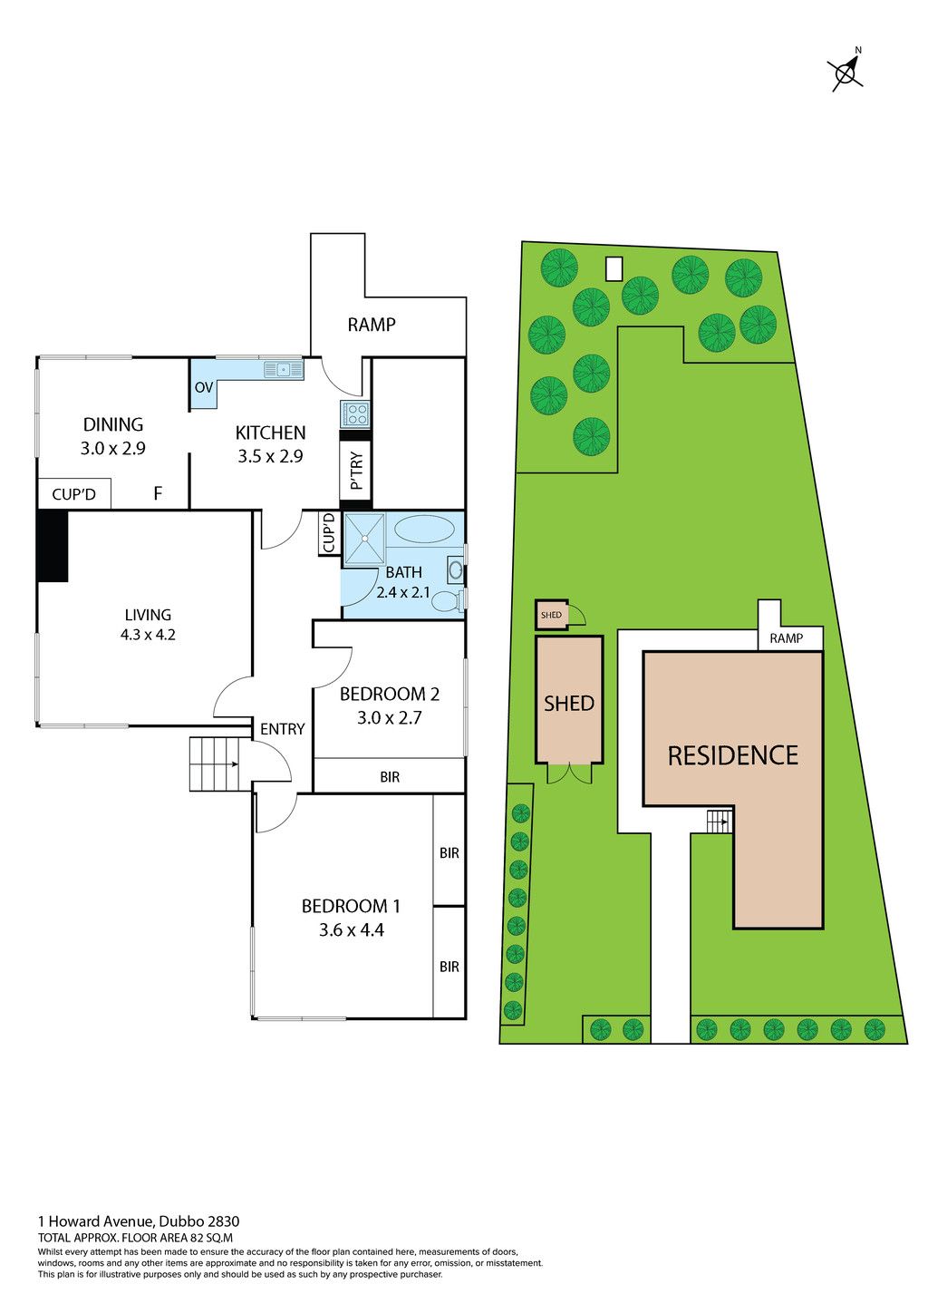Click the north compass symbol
click(846, 73)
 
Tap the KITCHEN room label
click(271, 433)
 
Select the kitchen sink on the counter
click(284, 370)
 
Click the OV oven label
click(203, 387)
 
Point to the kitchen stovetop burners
click(354, 414)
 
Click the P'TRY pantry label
click(356, 471)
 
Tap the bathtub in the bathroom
click(423, 530)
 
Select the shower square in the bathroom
click(364, 539)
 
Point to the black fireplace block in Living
click(53, 546)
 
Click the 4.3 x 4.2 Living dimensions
click(148, 634)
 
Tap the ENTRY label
click(283, 729)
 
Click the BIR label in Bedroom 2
click(390, 777)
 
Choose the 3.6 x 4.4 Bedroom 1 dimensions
click(351, 930)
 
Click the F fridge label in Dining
click(158, 493)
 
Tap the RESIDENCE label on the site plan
click(733, 755)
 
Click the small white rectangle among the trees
click(614, 269)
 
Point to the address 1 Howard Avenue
click(96, 1221)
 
